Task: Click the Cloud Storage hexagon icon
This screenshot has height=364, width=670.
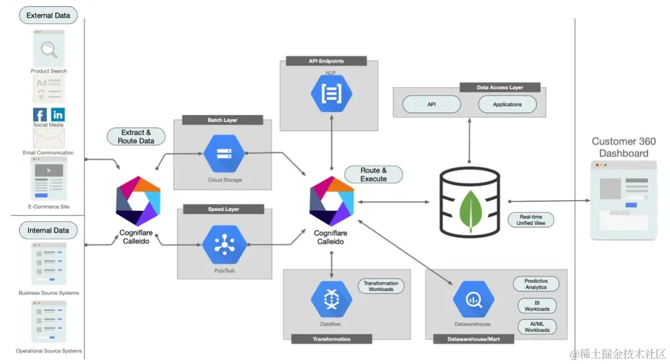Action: [223, 154]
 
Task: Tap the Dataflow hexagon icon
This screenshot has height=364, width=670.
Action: [331, 299]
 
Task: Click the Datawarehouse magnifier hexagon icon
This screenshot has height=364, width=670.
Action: [473, 299]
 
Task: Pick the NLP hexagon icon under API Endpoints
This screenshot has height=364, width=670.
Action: [331, 94]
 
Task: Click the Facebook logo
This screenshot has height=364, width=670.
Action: [40, 115]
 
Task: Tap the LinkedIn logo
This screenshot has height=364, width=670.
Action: [58, 115]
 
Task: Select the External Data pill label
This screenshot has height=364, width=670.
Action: [48, 15]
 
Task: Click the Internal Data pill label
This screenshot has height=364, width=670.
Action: [48, 230]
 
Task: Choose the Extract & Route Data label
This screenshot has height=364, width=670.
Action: [136, 137]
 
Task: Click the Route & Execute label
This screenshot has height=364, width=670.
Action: [374, 175]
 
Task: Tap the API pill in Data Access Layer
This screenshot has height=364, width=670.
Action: [432, 104]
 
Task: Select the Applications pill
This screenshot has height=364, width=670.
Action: [507, 104]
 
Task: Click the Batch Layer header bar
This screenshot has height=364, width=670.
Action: [223, 120]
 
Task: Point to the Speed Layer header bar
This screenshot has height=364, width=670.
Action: [223, 209]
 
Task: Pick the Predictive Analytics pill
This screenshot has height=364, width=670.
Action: [536, 284]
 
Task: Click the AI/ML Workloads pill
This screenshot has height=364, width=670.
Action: [537, 327]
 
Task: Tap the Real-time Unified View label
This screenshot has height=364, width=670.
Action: [531, 219]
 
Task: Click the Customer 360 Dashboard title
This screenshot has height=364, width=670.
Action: [624, 147]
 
